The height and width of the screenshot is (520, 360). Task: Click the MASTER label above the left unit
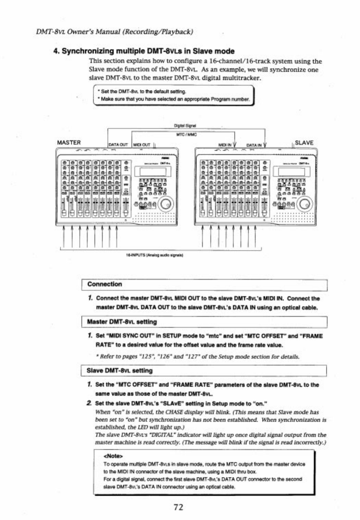[69, 142]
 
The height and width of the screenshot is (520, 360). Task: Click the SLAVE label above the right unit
[304, 143]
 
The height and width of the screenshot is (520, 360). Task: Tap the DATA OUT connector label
[118, 145]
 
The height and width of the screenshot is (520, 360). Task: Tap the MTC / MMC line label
[186, 134]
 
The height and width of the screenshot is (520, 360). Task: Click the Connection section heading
[104, 284]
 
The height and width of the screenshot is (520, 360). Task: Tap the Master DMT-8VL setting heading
[122, 322]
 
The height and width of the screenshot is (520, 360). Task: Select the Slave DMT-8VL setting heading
[120, 371]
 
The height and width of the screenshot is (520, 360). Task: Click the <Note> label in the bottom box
[113, 456]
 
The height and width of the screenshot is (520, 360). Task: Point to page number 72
[178, 507]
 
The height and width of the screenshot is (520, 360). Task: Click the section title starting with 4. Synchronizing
[144, 51]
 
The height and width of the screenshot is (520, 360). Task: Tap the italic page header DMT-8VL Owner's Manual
[114, 32]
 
